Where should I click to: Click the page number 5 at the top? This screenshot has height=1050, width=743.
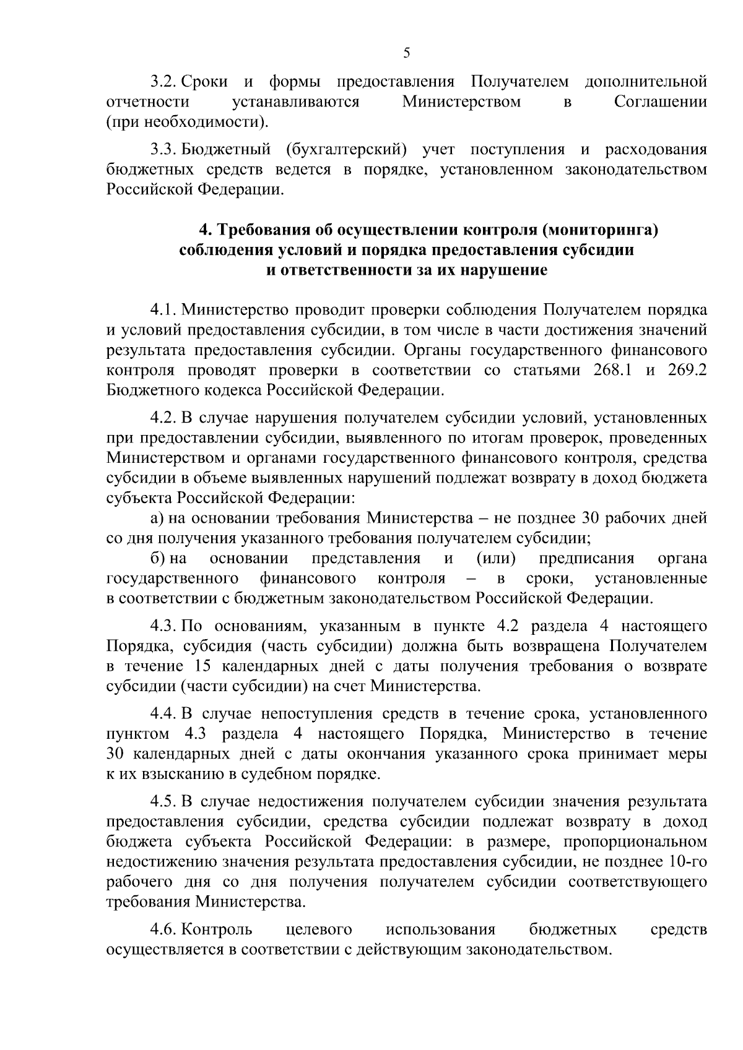pyautogui.click(x=407, y=53)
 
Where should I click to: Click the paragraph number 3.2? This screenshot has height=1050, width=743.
pyautogui.click(x=164, y=81)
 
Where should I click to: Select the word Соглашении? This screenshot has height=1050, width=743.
pyautogui.click(x=660, y=101)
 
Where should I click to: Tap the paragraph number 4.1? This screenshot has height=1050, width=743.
pyautogui.click(x=164, y=309)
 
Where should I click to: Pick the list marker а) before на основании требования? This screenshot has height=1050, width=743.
pyautogui.click(x=157, y=518)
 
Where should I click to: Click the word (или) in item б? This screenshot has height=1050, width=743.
pyautogui.click(x=496, y=559)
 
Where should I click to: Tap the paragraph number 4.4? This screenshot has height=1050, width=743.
pyautogui.click(x=164, y=714)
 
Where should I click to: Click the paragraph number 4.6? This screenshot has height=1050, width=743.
pyautogui.click(x=164, y=929)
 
